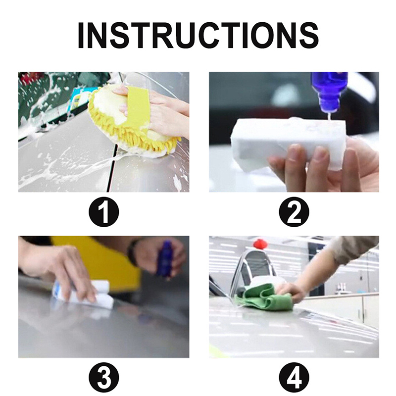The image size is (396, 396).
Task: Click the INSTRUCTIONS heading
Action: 198,35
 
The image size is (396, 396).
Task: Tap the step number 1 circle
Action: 104,212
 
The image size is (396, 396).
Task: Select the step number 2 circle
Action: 294,212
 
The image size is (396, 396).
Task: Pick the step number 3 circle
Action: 104,378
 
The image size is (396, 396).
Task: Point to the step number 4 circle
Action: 294,378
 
